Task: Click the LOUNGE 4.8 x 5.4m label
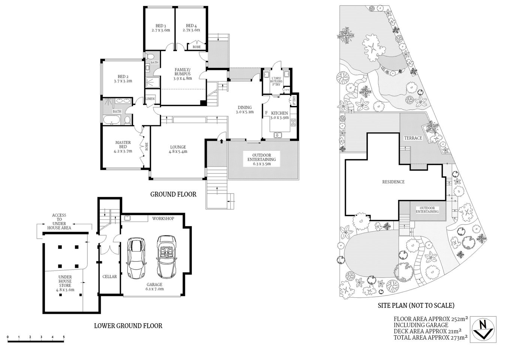[x=178, y=149]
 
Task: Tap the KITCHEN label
[x=279, y=115]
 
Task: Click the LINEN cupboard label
[x=150, y=99]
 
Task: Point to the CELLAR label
[x=110, y=277]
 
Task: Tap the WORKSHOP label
[x=163, y=218]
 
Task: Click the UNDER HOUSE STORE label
[x=65, y=283]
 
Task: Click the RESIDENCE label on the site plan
[x=393, y=182]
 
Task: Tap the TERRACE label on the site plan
[x=413, y=138]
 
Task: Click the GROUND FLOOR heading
[x=173, y=194]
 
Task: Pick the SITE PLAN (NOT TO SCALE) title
[x=416, y=305]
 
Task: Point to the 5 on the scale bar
[x=64, y=337]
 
